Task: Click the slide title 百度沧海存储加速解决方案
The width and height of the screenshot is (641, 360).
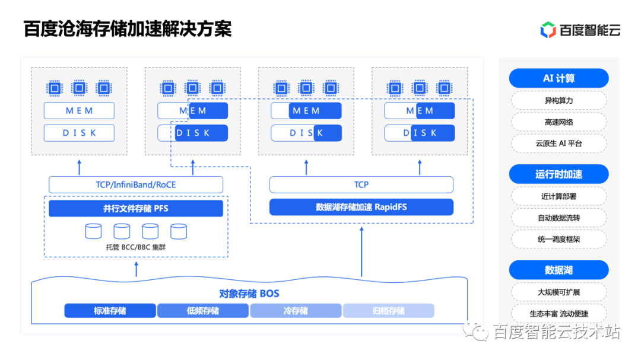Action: coord(128,29)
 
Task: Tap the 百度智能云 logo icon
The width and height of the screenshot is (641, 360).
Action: coord(547,29)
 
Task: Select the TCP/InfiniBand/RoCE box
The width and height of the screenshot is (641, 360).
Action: coord(136,184)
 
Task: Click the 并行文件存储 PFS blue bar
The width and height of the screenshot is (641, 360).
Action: coord(136,208)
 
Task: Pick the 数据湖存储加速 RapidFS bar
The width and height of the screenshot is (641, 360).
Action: coord(361,207)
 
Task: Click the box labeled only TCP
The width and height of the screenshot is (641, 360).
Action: coord(361,184)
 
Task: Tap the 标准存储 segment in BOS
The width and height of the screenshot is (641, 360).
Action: coord(110,311)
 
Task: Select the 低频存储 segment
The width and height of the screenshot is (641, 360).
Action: coord(203,311)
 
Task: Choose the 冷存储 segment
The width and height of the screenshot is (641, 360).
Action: coord(296,311)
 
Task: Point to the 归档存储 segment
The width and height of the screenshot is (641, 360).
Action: coord(388,311)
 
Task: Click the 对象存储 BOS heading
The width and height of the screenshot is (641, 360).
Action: coord(249,294)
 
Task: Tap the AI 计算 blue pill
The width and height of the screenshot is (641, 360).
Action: coord(559,78)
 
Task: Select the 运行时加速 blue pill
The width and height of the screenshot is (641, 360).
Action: coord(559,174)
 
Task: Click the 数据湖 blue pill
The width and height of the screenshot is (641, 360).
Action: coord(559,270)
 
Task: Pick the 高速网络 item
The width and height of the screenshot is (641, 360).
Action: coord(559,122)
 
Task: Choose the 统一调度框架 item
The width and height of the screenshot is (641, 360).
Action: coord(559,240)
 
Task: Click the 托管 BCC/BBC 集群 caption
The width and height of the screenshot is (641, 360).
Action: coord(136,247)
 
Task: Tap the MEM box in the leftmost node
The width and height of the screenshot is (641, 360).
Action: coord(79,111)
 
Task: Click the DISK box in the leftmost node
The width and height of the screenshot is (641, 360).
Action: coord(79,133)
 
